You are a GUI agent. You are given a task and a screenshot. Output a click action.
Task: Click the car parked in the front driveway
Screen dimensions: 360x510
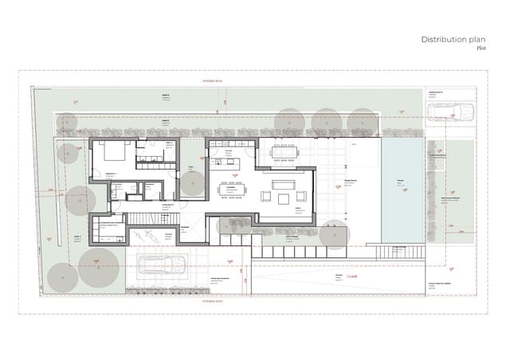(162, 264)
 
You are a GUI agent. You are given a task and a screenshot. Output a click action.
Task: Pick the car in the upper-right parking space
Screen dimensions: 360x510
(450, 112)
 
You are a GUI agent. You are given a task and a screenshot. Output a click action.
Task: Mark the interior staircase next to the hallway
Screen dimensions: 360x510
(145, 217)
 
